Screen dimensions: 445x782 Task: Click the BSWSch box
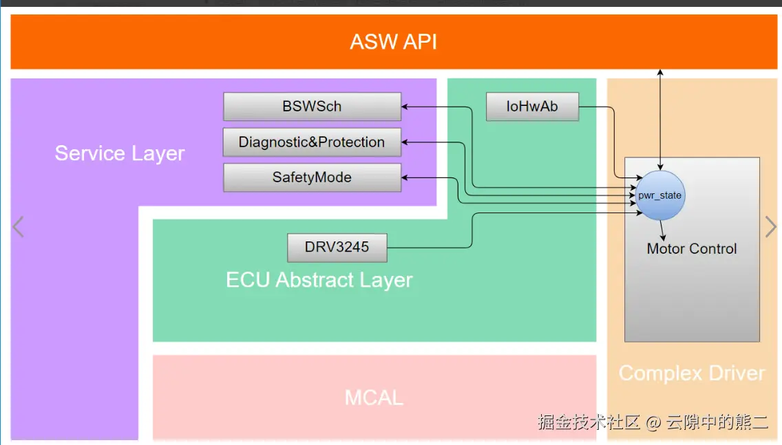click(312, 107)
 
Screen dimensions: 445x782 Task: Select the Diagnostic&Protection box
click(312, 142)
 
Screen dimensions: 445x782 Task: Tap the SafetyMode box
click(312, 177)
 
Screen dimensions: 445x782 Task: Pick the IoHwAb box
click(532, 107)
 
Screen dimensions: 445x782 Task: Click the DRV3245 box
click(337, 247)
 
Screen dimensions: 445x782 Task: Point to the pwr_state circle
click(659, 195)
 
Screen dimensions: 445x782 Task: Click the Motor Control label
click(692, 249)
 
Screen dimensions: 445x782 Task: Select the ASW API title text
click(393, 41)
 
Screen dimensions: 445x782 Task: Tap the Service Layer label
click(120, 153)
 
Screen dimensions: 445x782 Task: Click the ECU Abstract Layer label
click(319, 280)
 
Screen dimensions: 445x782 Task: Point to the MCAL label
click(374, 397)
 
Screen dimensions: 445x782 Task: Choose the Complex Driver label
click(692, 373)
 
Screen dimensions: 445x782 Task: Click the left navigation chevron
click(19, 226)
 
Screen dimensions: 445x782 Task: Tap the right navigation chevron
click(771, 226)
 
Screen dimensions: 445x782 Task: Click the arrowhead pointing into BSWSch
click(405, 107)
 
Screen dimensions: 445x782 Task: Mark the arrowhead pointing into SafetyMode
click(405, 177)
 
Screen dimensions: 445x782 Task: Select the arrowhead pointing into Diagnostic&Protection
click(405, 142)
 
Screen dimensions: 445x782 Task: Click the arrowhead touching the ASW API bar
click(660, 72)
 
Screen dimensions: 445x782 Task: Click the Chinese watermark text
click(653, 422)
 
